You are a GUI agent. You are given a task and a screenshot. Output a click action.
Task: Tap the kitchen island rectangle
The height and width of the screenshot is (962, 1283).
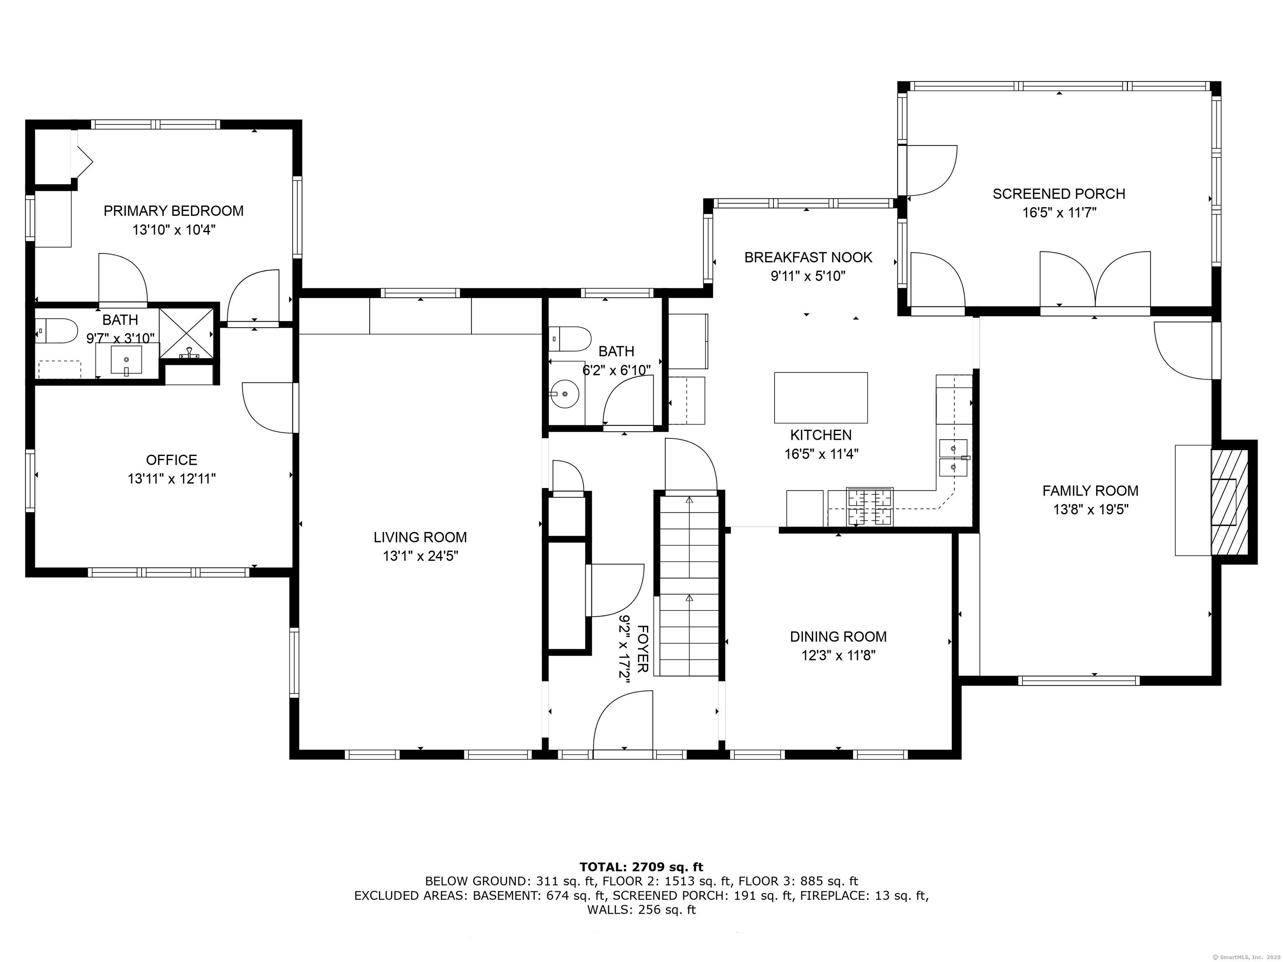(821, 398)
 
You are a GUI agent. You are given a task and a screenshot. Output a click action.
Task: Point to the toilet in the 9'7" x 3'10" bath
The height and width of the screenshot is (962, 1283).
(56, 331)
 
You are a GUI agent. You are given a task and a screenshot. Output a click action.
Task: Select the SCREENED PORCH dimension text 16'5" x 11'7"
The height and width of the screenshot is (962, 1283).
(1059, 213)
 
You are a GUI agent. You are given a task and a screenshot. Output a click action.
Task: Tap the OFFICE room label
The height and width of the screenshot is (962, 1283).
(172, 460)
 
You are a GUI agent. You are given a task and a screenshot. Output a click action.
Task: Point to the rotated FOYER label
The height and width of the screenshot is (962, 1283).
(642, 649)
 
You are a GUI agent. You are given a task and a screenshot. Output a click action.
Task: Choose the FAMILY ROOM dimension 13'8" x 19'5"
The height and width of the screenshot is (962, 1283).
(1090, 510)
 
